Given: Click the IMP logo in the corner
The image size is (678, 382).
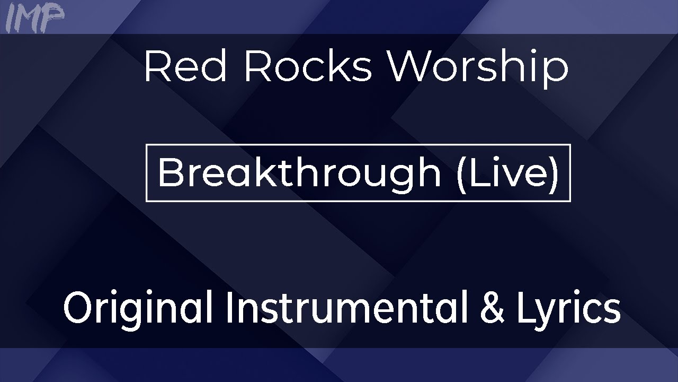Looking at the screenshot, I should tap(34, 18).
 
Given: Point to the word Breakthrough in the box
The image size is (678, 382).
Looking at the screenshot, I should tap(299, 172).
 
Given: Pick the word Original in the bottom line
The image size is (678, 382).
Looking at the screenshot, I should tap(138, 308).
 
